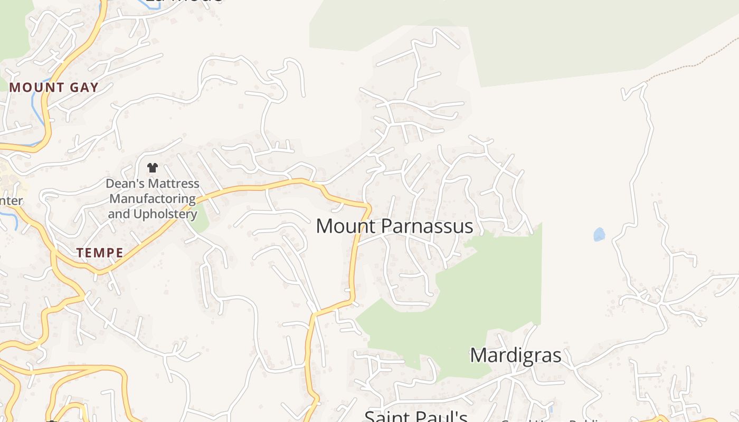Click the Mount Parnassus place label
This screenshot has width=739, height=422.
[394, 226]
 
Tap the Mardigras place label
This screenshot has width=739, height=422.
[515, 355]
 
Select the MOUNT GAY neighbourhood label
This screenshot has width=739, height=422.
[54, 88]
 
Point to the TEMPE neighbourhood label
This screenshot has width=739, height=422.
[100, 253]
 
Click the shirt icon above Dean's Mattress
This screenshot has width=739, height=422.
[153, 168]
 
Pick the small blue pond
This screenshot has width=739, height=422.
[599, 234]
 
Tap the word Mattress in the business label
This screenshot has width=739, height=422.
[167, 184]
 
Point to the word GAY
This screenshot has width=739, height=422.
[84, 88]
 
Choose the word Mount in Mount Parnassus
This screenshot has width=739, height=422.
[346, 226]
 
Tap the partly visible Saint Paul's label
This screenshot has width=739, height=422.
[416, 416]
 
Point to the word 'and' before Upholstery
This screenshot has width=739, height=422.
[118, 214]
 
